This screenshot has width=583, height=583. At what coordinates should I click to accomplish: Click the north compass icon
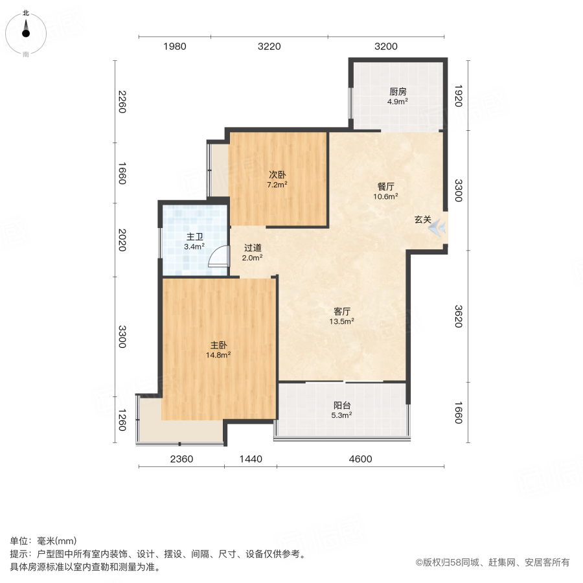(x=26, y=31)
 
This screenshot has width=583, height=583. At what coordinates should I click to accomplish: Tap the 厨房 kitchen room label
(x=398, y=91)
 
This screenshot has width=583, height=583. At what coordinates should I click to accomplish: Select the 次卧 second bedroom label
(x=278, y=175)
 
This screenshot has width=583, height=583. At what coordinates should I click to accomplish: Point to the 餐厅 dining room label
(x=386, y=187)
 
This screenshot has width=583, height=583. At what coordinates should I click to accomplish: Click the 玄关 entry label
(x=423, y=220)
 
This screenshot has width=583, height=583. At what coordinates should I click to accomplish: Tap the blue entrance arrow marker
(x=439, y=227)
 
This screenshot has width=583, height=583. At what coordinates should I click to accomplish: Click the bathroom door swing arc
(x=219, y=257)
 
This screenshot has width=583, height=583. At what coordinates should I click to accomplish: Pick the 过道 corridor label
(x=253, y=247)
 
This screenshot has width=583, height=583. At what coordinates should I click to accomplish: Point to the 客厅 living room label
(x=341, y=311)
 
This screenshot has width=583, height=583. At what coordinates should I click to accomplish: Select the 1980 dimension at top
(x=175, y=47)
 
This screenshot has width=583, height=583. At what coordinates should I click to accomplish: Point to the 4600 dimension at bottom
(x=361, y=459)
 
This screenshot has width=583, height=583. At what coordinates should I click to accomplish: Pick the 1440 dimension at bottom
(x=251, y=459)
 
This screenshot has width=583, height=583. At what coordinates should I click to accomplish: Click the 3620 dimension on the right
(x=457, y=315)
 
